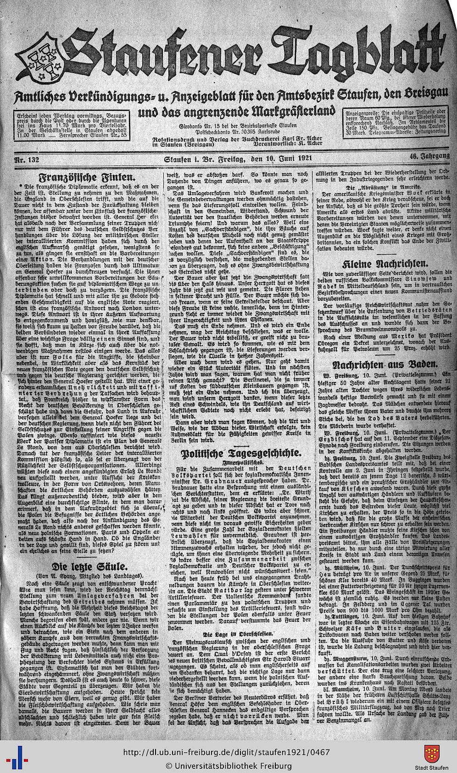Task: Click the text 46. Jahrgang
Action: click(x=429, y=157)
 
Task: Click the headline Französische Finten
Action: click(x=85, y=176)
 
